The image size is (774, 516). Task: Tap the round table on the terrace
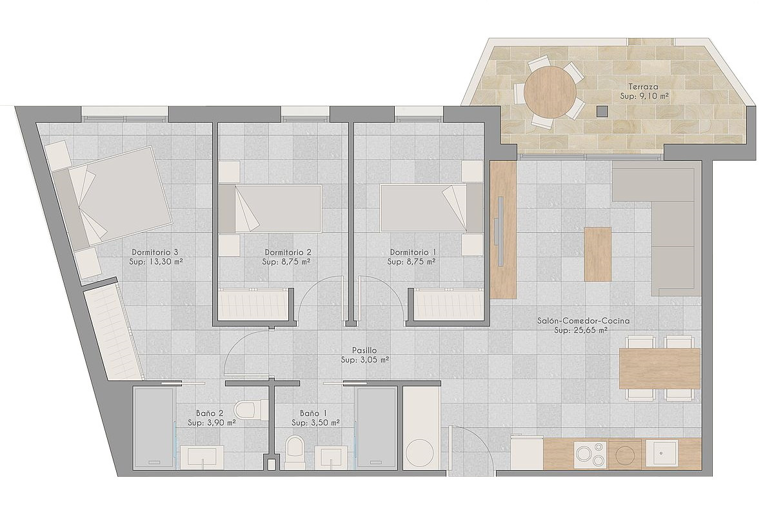pos(550,92)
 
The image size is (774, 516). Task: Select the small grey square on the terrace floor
pos(602,111)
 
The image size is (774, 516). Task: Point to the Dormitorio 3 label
pos(155,252)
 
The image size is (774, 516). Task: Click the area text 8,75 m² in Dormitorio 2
pos(295,262)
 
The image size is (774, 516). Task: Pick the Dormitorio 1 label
pos(413,252)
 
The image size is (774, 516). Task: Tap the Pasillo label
pos(364,350)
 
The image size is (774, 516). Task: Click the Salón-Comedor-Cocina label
pos(583,321)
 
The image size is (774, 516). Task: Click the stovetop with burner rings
pos(591,454)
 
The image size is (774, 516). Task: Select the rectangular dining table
pos(660,368)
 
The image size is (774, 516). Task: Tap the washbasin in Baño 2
pos(202,457)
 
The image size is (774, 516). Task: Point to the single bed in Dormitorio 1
pos(432,208)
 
